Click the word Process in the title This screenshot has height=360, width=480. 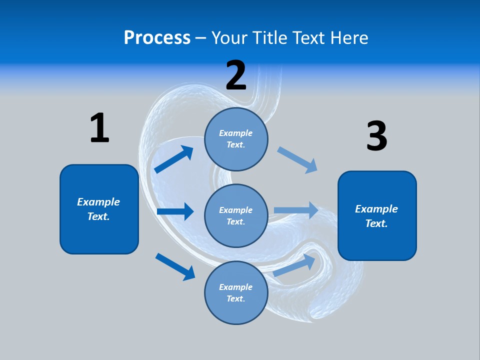(157, 38)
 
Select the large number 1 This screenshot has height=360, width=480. (99, 128)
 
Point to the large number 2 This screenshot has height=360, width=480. (236, 75)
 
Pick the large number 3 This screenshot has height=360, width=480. (376, 136)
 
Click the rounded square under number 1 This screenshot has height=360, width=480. (99, 235)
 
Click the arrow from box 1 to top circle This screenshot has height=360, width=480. (174, 159)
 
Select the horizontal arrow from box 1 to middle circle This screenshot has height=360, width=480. (175, 211)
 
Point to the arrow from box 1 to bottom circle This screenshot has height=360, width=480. (175, 266)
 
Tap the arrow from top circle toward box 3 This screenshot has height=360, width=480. (297, 160)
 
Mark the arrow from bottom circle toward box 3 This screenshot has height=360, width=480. (294, 265)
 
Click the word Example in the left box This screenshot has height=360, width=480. (98, 202)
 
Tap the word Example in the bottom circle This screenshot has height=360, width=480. (236, 287)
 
